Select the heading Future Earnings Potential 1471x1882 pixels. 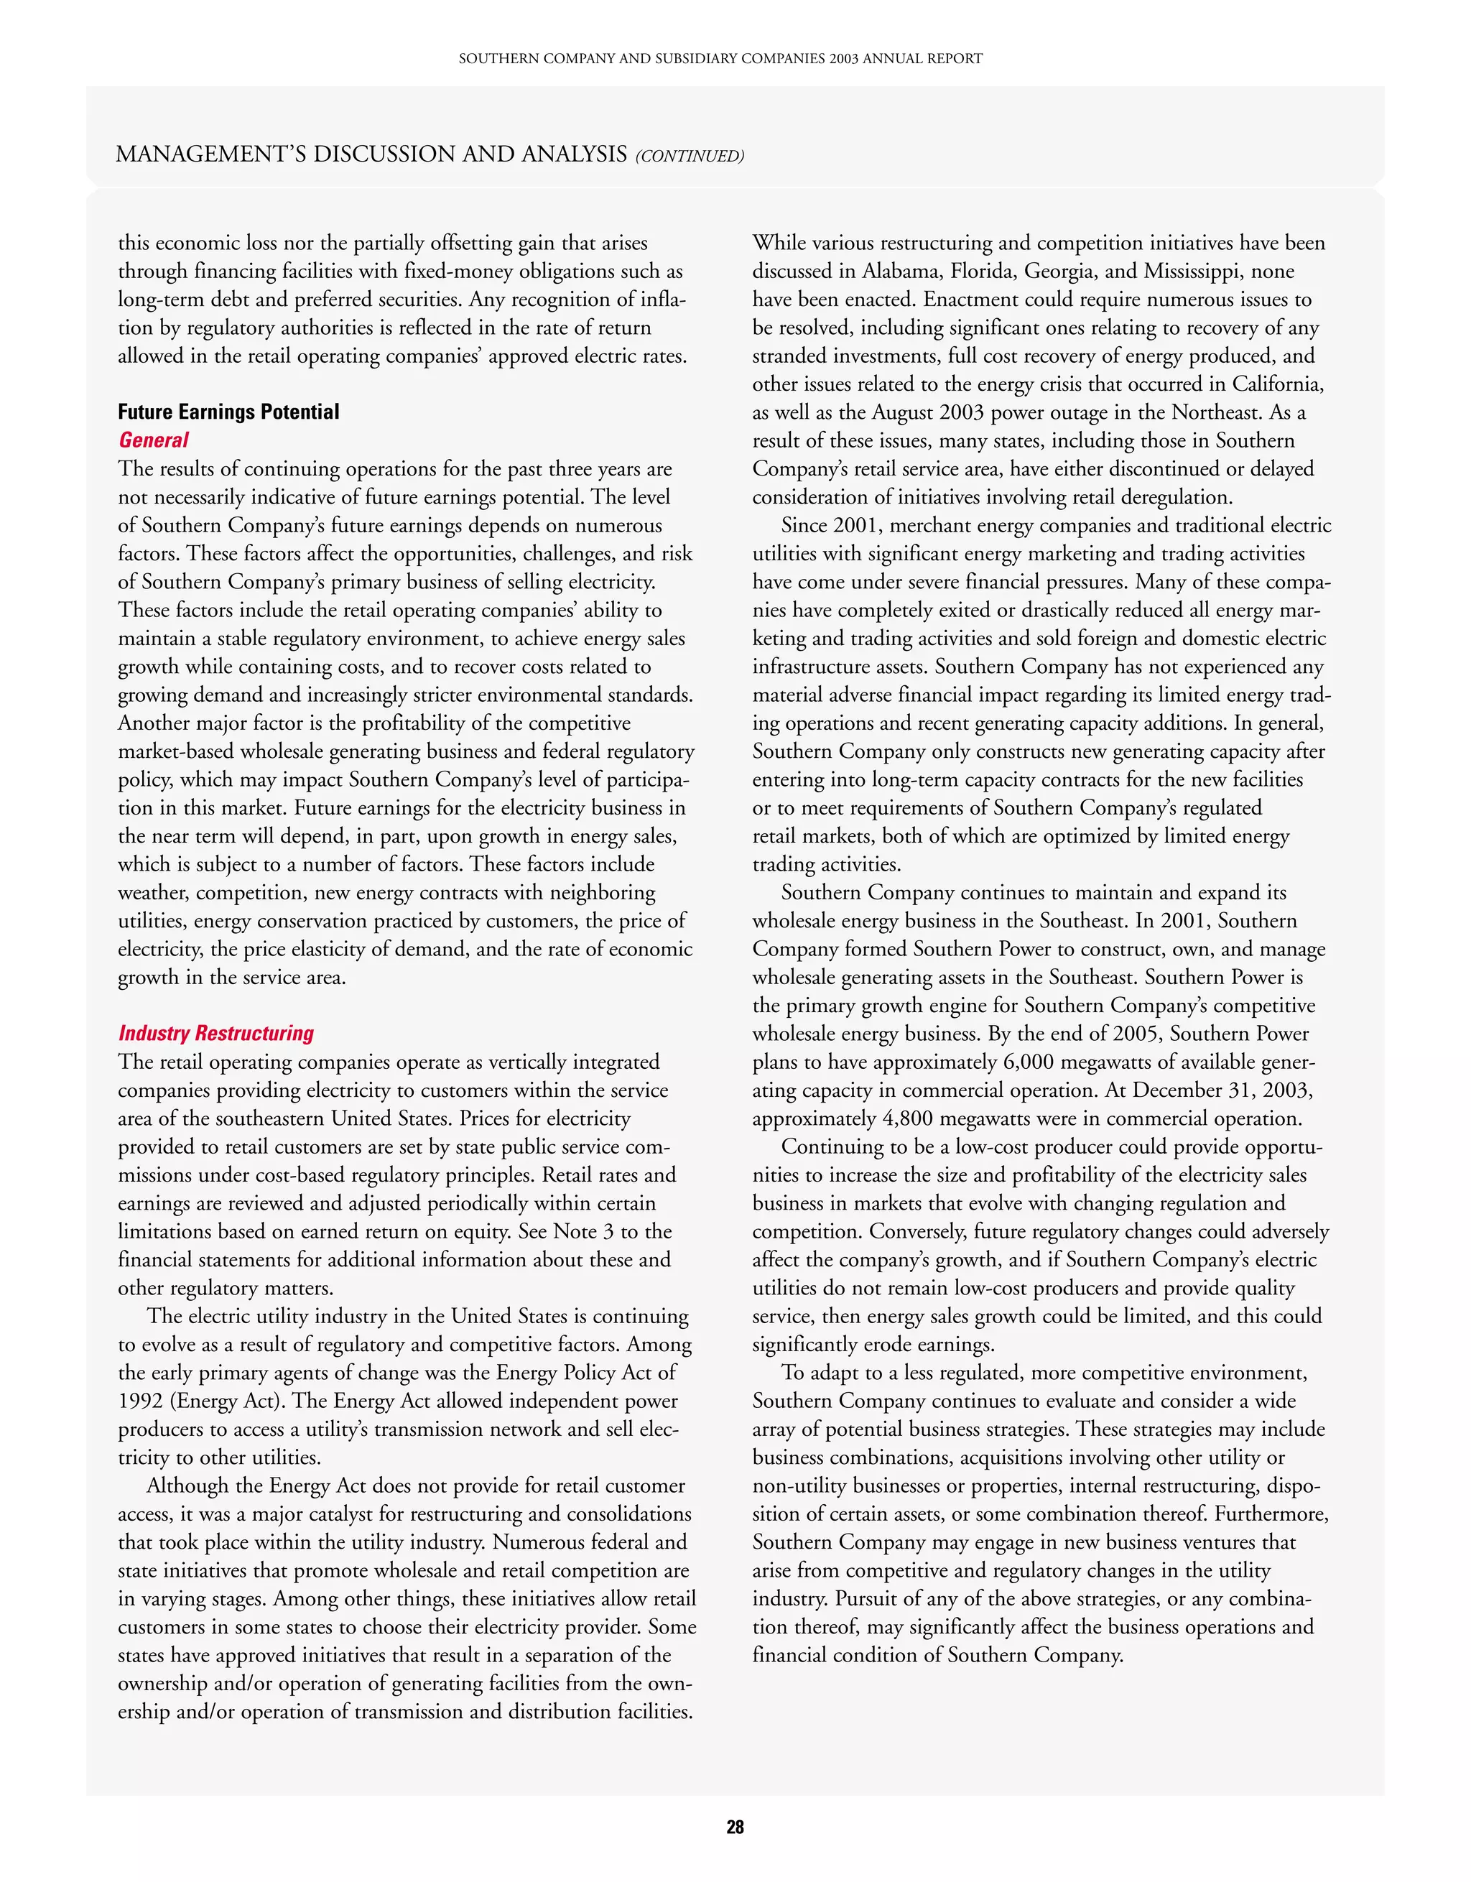(x=228, y=412)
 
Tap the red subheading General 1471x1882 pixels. (x=154, y=440)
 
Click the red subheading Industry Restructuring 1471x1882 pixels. (x=216, y=1033)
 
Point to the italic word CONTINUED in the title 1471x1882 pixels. (x=690, y=156)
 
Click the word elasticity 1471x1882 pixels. (x=311, y=949)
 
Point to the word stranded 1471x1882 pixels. (x=789, y=356)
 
